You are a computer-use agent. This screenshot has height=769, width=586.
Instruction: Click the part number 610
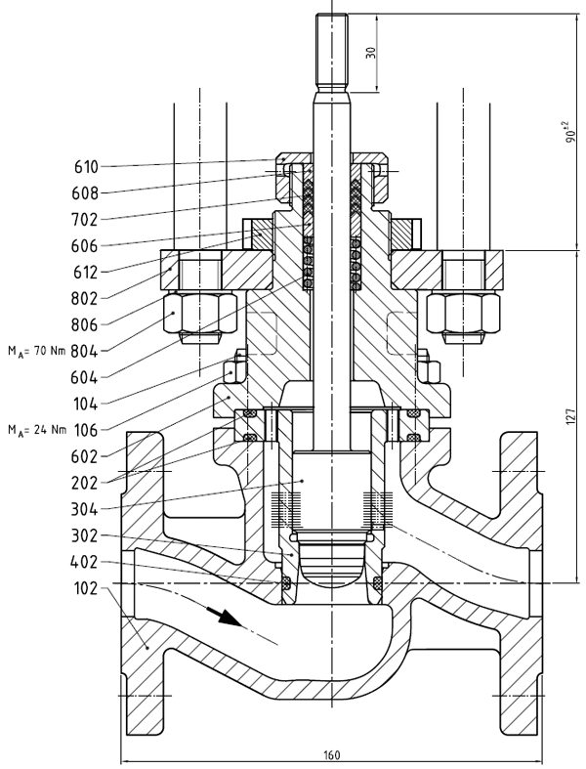coord(85,166)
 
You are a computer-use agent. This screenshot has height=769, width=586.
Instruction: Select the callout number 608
coord(85,192)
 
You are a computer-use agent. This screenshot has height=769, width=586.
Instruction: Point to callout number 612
coord(85,271)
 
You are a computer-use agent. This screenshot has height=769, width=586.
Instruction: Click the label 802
coord(85,297)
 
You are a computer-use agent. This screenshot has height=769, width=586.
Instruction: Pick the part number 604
coord(85,376)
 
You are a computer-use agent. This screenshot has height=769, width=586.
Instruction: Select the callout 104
coord(85,403)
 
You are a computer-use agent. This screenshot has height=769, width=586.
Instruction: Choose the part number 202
coord(85,482)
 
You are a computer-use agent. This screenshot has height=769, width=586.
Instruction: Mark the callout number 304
coord(85,508)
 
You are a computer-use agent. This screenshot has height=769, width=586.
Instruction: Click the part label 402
coord(85,562)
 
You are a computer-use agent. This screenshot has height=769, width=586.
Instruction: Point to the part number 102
coord(85,588)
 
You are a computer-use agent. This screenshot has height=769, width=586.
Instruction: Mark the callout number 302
coord(85,535)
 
